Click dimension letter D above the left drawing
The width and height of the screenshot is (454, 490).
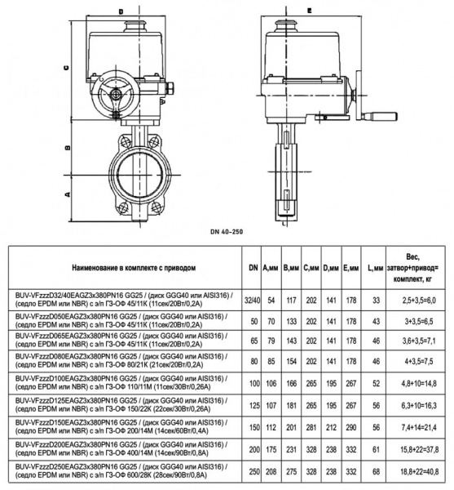click(x=121, y=11)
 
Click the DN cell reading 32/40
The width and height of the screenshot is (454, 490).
click(x=253, y=300)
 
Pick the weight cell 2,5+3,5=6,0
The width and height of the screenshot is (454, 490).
click(x=420, y=300)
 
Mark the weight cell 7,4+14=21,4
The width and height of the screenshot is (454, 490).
click(x=420, y=427)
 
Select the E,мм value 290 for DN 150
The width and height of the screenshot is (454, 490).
click(x=350, y=427)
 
